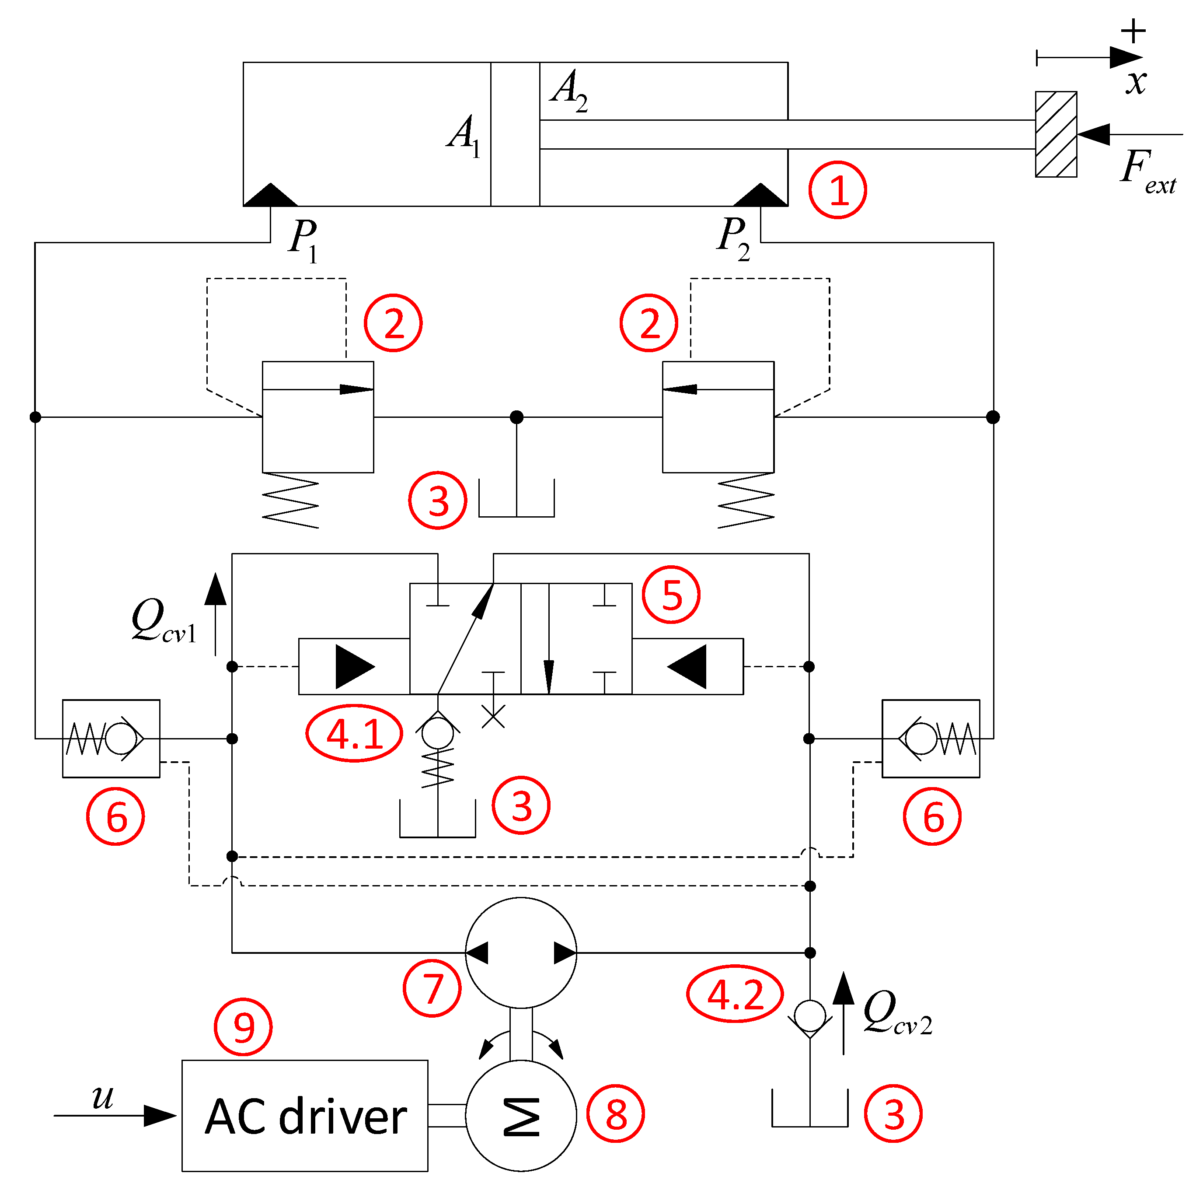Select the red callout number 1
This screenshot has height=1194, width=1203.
[x=837, y=189]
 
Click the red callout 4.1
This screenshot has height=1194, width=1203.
[x=354, y=733]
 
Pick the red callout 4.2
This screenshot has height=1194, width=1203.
[x=734, y=994]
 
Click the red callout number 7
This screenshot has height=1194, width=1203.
[x=432, y=988]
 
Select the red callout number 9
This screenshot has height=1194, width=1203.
[x=243, y=1026]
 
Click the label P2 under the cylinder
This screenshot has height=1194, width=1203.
[x=733, y=238]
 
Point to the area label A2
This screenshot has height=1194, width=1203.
[x=568, y=90]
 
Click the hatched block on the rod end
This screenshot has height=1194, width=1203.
[x=1056, y=134]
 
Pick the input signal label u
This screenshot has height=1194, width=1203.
[x=103, y=1096]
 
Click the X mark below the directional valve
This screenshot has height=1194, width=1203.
[x=493, y=716]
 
